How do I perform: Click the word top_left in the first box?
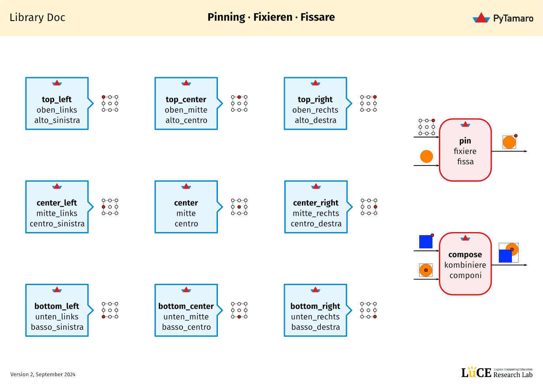pos(56,99)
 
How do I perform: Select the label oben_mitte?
pos(186,110)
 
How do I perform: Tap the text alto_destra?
pos(315,120)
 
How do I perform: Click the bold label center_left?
pos(56,203)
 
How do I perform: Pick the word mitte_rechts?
pos(315,213)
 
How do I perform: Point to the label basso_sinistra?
pos(57,327)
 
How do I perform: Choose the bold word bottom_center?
pos(186,306)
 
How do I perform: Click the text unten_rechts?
pos(315,317)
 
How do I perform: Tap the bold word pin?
pos(465,141)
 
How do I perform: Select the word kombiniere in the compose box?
pos(465,265)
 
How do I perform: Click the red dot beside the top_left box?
pos(104,97)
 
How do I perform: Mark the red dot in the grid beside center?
pos(239,207)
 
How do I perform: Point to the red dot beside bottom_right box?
pos(375,316)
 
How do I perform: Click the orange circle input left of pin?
pos(426,156)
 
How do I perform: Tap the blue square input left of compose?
pos(425,242)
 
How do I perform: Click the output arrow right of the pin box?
pos(510,151)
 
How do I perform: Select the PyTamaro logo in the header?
pos(503,18)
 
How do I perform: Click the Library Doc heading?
pos(37,18)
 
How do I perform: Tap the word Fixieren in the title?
pos(273,17)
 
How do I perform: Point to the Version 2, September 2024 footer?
pos(43,374)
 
